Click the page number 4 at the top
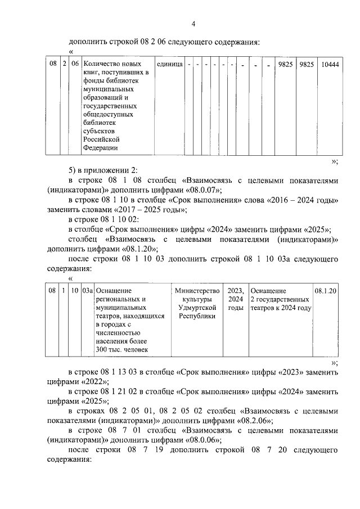tap(193, 24)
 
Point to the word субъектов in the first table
tap(98, 130)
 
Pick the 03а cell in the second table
tap(87, 291)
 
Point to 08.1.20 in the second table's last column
tap(326, 291)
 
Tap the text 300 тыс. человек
tap(121, 350)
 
